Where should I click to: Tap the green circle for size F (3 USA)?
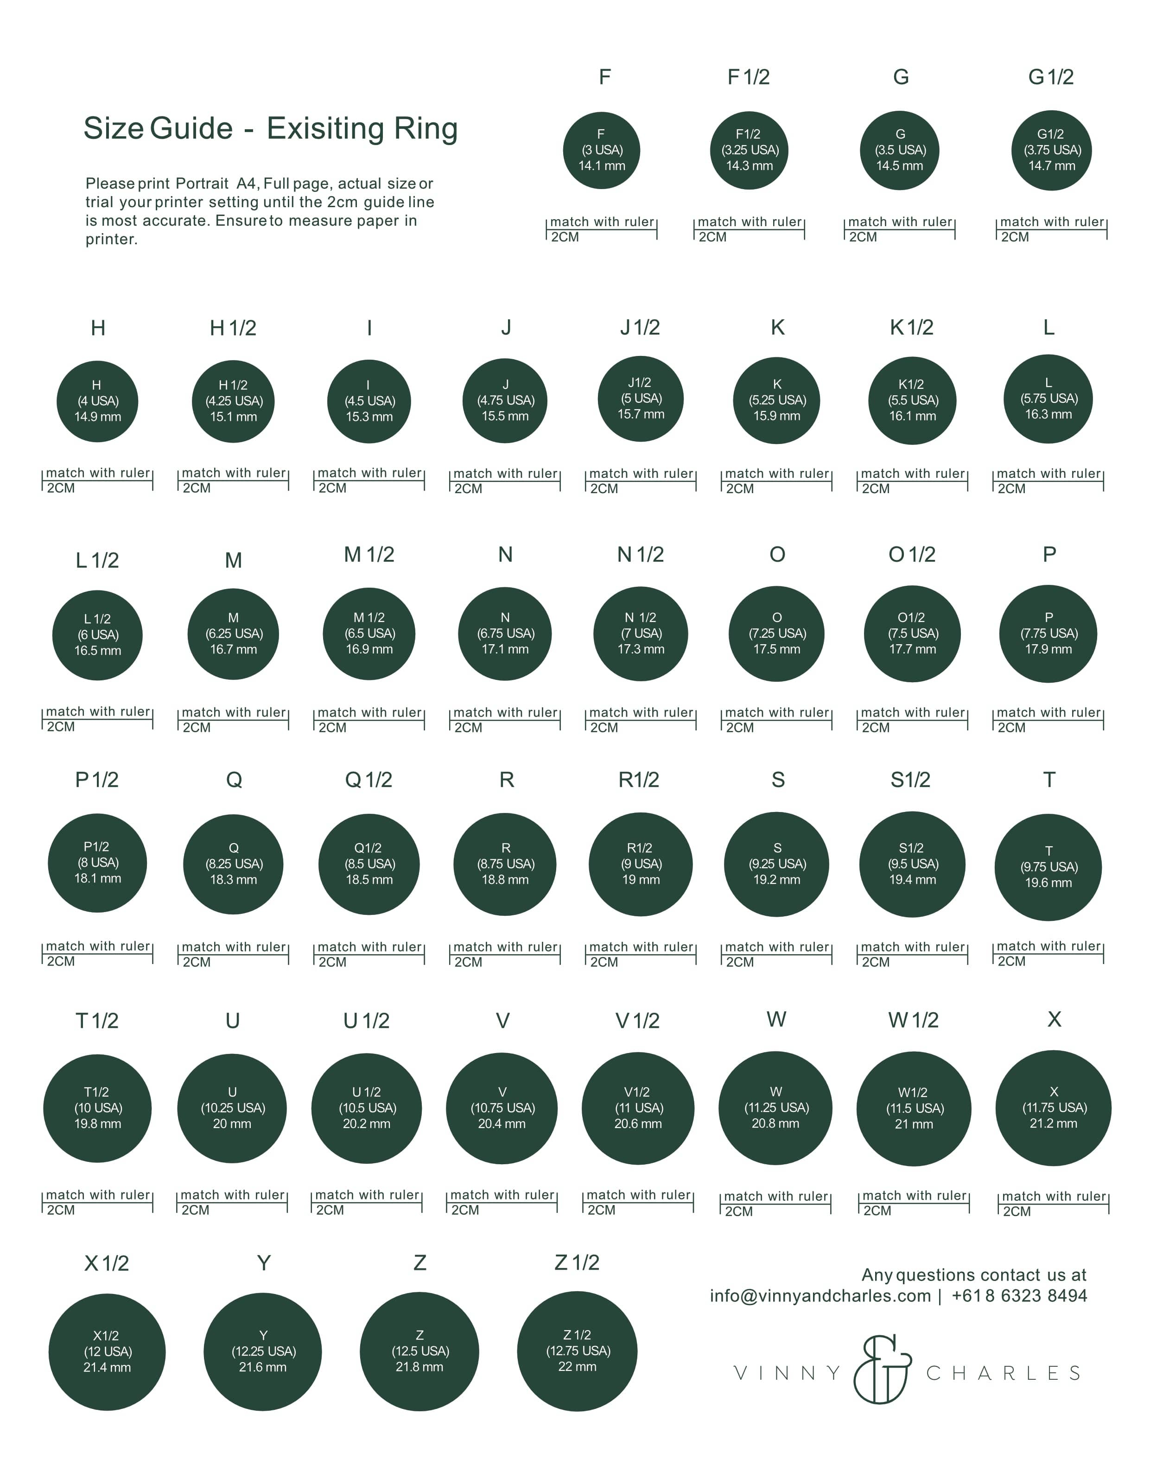[601, 150]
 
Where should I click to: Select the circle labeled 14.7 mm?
[1051, 150]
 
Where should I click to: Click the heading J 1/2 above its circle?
[640, 328]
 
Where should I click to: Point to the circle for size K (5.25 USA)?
[776, 400]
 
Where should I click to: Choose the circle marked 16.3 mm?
[1048, 399]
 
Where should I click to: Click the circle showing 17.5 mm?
[776, 634]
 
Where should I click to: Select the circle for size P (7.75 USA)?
[1048, 634]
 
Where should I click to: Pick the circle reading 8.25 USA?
[234, 864]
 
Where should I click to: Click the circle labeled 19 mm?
[640, 864]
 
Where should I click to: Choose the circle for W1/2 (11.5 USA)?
[914, 1109]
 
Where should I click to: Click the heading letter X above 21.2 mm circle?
[1054, 1019]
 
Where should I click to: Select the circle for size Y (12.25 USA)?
[263, 1351]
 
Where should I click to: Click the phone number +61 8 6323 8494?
[1019, 1295]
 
